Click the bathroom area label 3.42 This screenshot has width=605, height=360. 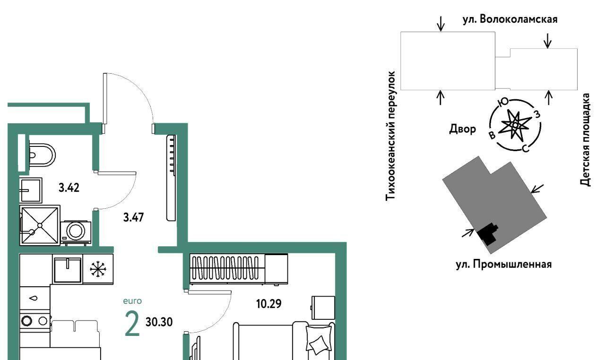pos(69,188)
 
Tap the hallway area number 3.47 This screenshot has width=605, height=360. pos(133,217)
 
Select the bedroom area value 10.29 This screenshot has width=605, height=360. pos(269,304)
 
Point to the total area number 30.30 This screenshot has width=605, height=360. pos(159,322)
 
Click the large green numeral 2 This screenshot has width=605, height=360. pos(132,324)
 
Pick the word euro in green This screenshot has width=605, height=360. pos(132,301)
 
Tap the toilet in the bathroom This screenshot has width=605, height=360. pos(42,155)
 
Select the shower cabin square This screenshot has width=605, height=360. pos(40,225)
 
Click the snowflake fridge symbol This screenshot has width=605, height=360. pos(98,269)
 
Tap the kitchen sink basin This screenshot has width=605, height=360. pos(68,270)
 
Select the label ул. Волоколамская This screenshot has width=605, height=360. pos(510,19)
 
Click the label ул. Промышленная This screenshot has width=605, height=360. pos(504,264)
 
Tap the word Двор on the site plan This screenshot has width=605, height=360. pos(462,129)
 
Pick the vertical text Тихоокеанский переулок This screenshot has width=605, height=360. pos(390,136)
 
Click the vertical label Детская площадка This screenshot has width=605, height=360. pos(585,139)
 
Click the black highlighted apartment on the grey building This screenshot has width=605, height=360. pos(487,234)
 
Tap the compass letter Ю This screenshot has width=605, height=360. pos(503,103)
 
